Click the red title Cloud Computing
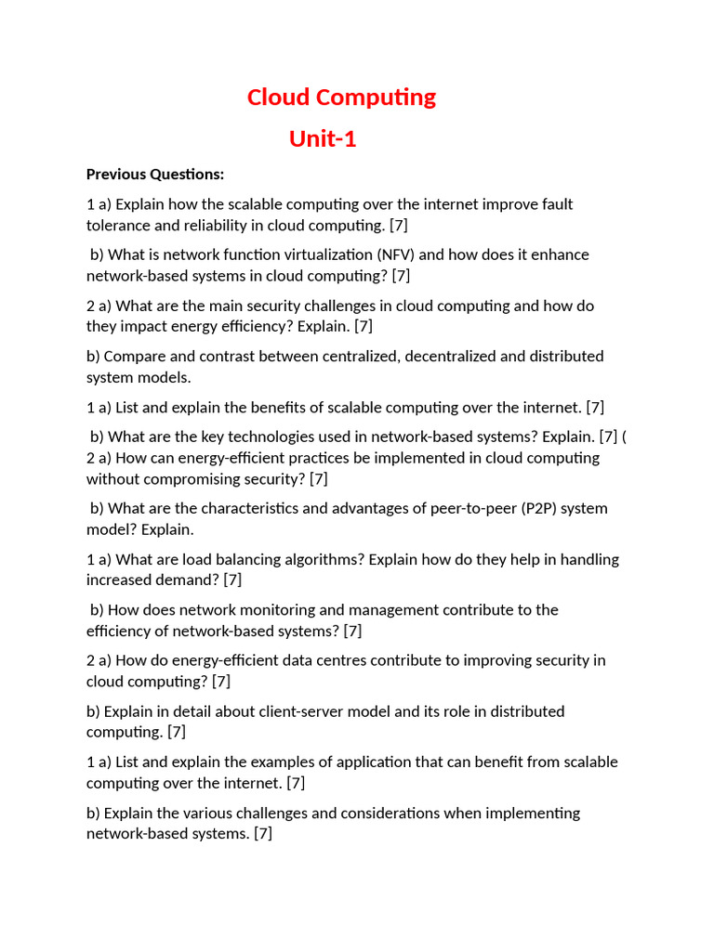(x=341, y=98)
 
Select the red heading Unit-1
(x=323, y=139)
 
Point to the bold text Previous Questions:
(x=155, y=175)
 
